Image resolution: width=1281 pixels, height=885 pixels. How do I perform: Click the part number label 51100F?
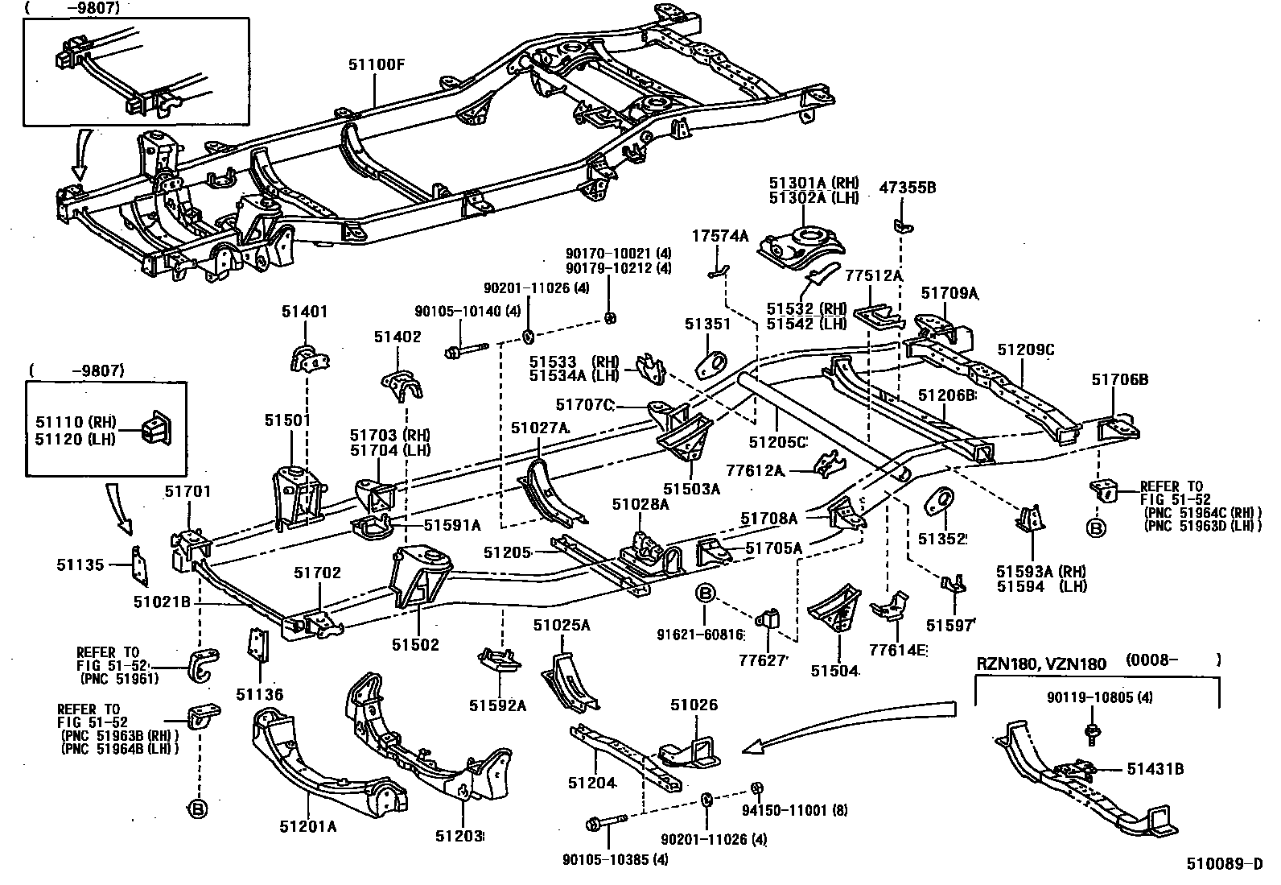pyautogui.click(x=376, y=64)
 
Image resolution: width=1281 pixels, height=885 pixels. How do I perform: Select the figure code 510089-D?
pyautogui.click(x=1224, y=866)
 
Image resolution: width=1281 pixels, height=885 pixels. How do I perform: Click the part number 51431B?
pyautogui.click(x=1155, y=769)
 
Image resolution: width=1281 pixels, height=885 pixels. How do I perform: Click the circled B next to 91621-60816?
pyautogui.click(x=704, y=594)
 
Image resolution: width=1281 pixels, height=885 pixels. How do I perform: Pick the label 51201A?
pyautogui.click(x=308, y=826)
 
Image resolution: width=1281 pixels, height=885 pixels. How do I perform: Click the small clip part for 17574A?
pyautogui.click(x=719, y=272)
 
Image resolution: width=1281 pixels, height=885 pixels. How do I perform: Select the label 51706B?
pyautogui.click(x=1119, y=379)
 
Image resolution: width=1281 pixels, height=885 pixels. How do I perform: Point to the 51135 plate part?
pyautogui.click(x=139, y=565)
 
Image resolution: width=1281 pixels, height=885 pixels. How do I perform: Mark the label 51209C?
pyautogui.click(x=1025, y=349)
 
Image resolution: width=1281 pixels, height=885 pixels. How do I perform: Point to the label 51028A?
pyautogui.click(x=640, y=504)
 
